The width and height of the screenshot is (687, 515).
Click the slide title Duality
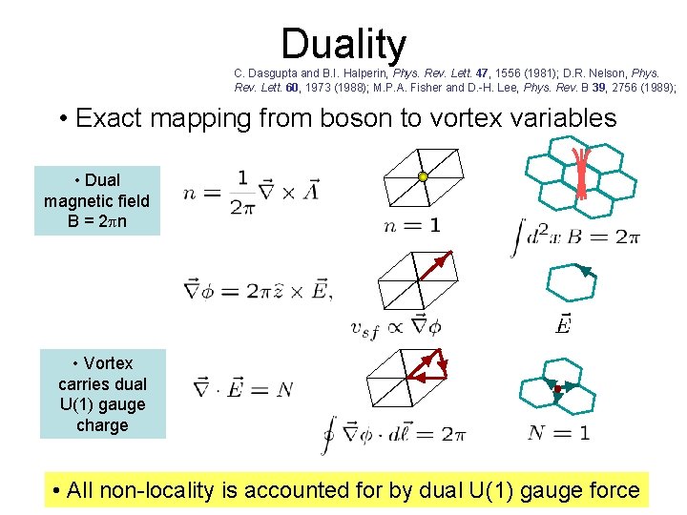343,45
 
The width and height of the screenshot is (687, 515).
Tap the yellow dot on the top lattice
423,176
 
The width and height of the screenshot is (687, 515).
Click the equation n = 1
412,225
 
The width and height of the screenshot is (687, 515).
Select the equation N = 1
559,432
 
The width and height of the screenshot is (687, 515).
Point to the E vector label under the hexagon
564,324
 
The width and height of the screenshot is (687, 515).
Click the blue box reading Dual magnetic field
97,200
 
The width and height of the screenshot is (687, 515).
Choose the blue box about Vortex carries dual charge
102,394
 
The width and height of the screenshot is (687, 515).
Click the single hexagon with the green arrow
570,284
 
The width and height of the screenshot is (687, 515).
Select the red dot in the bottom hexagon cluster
557,390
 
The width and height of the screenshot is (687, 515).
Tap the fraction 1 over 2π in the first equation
242,193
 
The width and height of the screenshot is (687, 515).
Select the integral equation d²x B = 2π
577,234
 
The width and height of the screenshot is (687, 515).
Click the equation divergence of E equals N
242,388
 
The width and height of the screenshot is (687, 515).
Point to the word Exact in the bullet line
106,118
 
